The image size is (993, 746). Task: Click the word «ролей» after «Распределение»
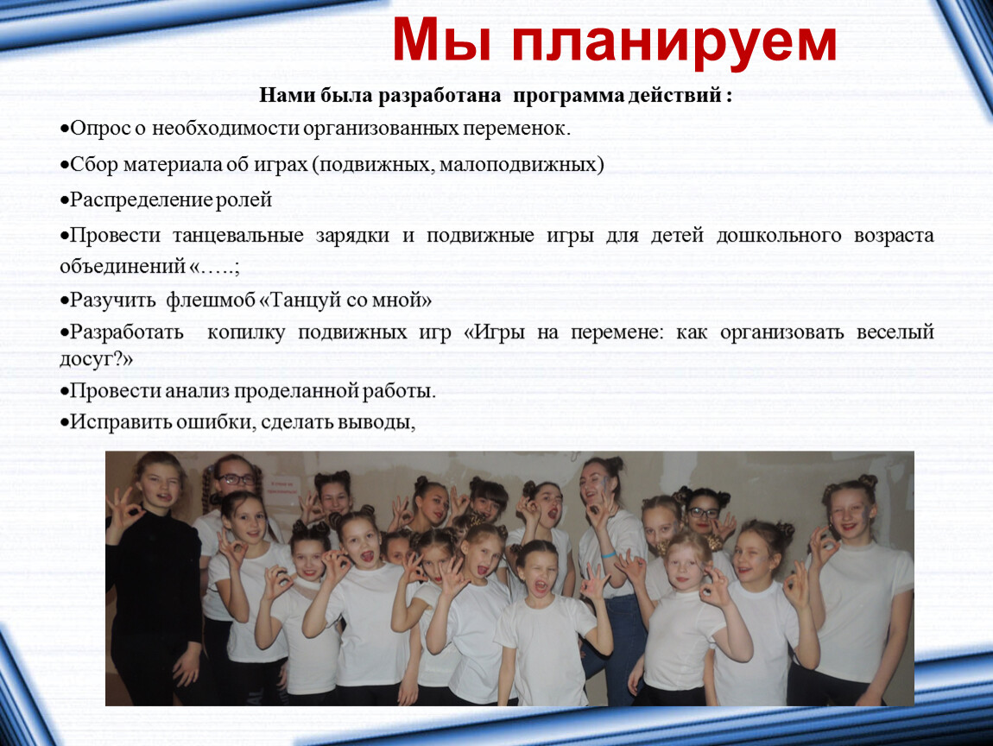coord(244,200)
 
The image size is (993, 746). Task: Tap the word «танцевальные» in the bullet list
coord(238,237)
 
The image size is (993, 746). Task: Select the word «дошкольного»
coord(779,237)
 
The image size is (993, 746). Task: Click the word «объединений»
coord(123,267)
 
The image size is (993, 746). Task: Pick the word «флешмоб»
coord(211,300)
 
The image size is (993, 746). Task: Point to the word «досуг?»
coord(92,360)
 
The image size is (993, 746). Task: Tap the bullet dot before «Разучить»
coord(65,300)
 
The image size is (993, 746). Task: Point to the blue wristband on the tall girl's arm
coord(609,554)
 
